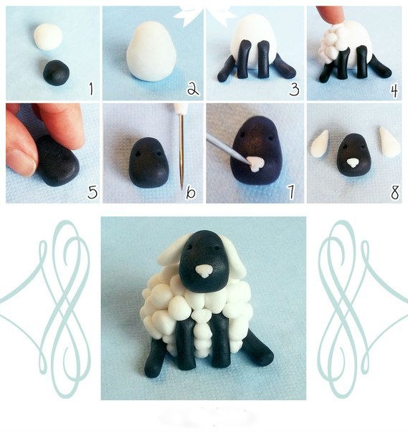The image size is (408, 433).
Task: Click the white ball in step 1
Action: [48, 37]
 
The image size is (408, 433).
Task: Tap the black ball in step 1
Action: [56, 72]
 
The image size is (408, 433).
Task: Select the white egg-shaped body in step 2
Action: [151, 52]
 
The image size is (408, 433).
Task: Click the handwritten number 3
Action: [294, 90]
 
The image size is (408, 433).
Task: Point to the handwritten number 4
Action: [394, 90]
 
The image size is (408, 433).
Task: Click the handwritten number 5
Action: [92, 192]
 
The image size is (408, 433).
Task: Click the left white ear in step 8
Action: [319, 143]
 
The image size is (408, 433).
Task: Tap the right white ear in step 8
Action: [389, 142]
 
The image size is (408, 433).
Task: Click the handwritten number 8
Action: [395, 192]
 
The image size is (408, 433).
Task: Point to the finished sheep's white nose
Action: [204, 271]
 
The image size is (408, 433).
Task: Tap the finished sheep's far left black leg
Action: [156, 357]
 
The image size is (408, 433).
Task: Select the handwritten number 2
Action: [193, 89]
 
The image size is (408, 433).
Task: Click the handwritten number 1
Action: [92, 89]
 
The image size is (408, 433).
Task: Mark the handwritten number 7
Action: [290, 192]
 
